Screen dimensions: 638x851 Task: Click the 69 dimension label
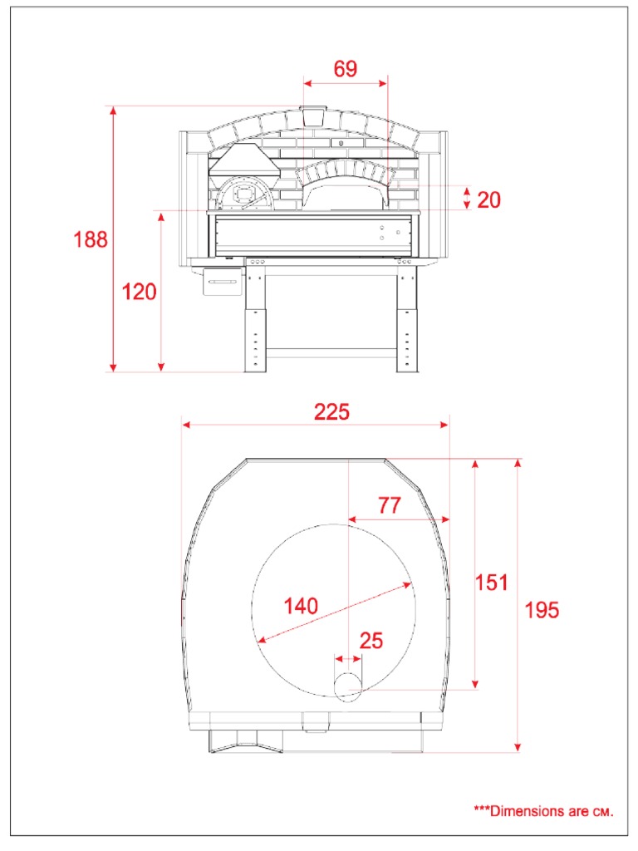coord(345,69)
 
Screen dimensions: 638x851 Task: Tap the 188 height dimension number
coord(91,239)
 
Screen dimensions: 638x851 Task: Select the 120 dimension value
coord(139,292)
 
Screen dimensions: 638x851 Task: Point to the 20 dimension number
coord(488,199)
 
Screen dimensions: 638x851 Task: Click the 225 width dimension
coord(332,412)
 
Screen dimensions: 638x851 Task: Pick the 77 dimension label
coord(390,505)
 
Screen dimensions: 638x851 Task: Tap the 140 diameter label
coord(301,606)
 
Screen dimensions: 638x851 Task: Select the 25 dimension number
coord(371,641)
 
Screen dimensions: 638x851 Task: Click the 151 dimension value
coord(492,583)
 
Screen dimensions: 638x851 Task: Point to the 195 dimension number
coord(542,610)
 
